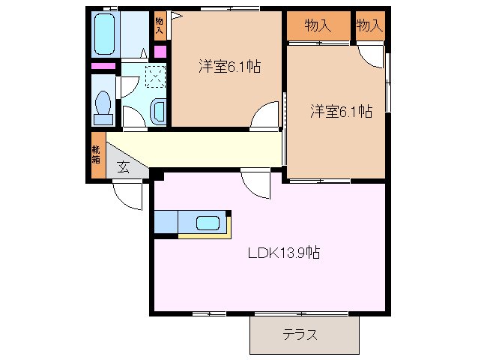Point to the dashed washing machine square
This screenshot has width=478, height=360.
(155, 76)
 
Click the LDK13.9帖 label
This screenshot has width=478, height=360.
(285, 253)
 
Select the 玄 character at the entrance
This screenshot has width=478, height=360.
(123, 168)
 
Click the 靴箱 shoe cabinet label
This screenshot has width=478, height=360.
(96, 154)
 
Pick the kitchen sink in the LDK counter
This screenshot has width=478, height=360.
(208, 223)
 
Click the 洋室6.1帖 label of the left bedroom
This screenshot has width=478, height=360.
(229, 66)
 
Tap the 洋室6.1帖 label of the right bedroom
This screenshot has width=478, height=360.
(342, 112)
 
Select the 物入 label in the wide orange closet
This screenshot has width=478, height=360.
(318, 26)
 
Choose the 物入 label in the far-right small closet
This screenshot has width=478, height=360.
(369, 26)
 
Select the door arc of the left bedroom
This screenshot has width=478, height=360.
(265, 117)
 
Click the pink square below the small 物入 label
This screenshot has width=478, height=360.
(160, 51)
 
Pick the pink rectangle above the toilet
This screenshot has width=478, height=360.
(103, 66)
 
